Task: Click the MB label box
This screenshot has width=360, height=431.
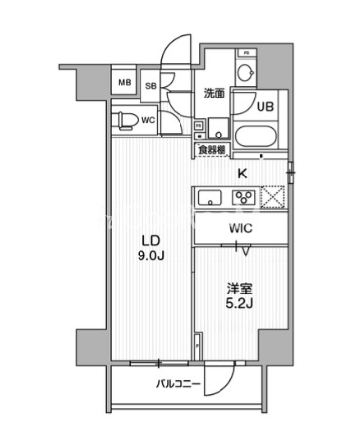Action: point(124,83)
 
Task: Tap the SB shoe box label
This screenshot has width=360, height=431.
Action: point(151,86)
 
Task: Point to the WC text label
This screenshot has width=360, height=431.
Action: point(148,120)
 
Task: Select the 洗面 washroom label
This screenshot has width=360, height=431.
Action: point(215,94)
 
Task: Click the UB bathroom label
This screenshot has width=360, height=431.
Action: point(264,108)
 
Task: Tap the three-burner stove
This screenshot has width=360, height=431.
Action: point(244,196)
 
